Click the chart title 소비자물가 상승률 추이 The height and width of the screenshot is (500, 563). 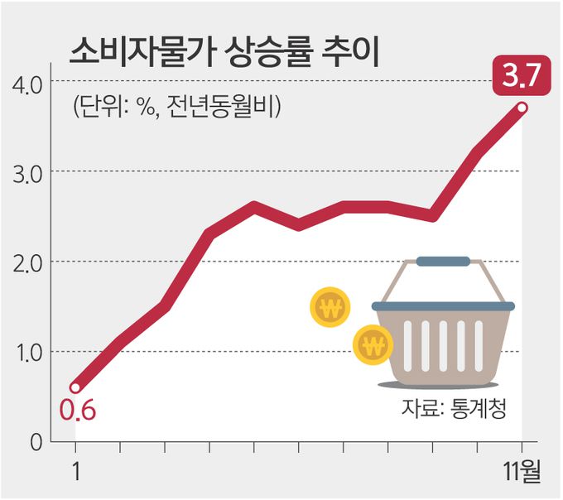[224, 52]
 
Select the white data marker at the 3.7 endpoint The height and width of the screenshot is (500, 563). [522, 108]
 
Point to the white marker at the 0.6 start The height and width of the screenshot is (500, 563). [75, 387]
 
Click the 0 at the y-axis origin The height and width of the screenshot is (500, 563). [36, 443]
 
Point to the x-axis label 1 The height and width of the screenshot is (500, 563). [76, 473]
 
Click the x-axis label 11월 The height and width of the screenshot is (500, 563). [522, 474]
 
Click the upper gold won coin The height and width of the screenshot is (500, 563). [330, 308]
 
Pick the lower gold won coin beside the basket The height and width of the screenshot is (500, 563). [373, 344]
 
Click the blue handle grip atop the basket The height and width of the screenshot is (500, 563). [443, 262]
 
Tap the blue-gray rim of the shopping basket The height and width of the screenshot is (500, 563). [443, 306]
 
